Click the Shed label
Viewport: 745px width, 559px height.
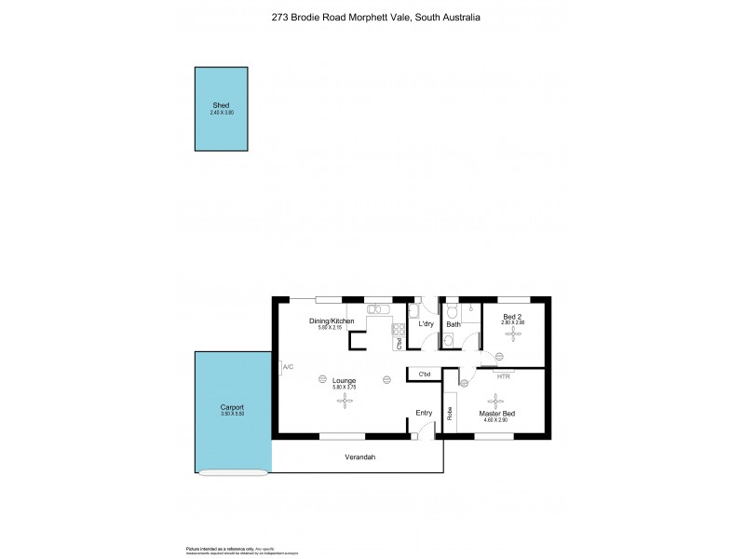[x=221, y=106]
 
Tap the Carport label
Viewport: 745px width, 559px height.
[x=233, y=408]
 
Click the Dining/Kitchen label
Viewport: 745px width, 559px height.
[x=331, y=321]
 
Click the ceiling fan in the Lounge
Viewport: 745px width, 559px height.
[x=345, y=401]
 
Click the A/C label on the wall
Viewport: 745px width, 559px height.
[x=288, y=367]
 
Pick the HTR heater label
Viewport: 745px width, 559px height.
[x=504, y=376]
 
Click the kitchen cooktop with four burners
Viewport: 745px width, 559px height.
[x=398, y=327]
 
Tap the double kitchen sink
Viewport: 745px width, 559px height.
[x=379, y=308]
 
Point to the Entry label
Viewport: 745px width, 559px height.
[x=424, y=413]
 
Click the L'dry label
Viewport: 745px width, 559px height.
[x=427, y=324]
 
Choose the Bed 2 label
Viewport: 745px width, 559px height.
[x=512, y=317]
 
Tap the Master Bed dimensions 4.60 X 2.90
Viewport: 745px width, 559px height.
[x=497, y=420]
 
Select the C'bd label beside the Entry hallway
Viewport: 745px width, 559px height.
[x=424, y=375]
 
